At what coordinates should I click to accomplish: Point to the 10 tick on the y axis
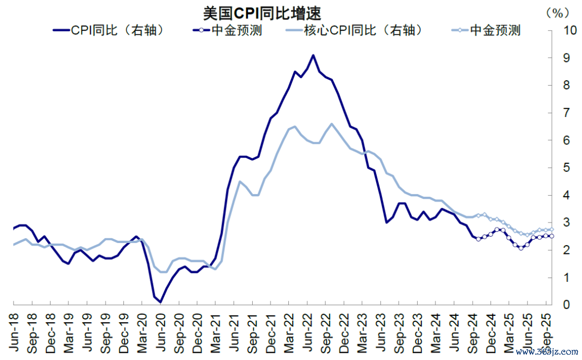[x=568, y=30]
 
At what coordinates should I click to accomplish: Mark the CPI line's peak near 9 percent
[x=313, y=55]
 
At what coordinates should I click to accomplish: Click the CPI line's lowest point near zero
[x=160, y=302]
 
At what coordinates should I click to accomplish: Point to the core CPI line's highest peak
[x=331, y=123]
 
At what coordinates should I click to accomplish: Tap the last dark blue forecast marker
[x=551, y=236]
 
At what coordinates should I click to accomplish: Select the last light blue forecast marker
[x=551, y=230]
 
